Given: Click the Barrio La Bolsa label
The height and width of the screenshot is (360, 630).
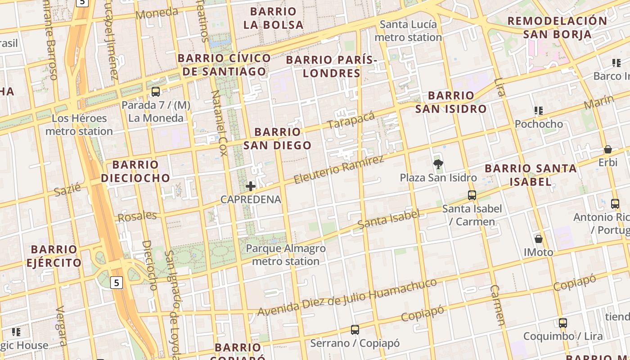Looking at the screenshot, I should (x=273, y=18).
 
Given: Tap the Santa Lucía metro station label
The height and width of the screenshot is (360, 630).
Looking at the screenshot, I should (x=408, y=31).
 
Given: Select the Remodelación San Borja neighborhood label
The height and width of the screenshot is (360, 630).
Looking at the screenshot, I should (x=557, y=27).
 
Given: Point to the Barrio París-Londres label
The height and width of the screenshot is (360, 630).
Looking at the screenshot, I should (x=331, y=66).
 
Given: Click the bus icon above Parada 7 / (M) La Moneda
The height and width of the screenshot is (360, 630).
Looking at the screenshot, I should (x=156, y=92).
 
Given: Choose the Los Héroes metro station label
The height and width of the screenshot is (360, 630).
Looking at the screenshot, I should (x=79, y=125).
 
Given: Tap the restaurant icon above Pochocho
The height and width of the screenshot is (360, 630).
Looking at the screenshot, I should (x=539, y=111).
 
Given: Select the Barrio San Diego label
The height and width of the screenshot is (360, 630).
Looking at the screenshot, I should (x=277, y=138).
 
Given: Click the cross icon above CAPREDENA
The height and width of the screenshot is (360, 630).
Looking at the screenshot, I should (x=251, y=186).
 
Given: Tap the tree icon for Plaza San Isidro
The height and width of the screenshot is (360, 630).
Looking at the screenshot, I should (x=438, y=164).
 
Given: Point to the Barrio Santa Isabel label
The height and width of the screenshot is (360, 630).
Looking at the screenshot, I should (x=531, y=175).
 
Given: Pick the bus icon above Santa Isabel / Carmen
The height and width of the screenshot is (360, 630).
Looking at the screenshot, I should (x=472, y=195).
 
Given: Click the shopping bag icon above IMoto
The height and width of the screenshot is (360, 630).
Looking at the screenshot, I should (x=538, y=238).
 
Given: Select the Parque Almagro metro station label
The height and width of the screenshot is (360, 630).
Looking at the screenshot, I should (x=286, y=255).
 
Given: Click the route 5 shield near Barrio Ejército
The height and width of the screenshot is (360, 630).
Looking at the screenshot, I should (x=117, y=283).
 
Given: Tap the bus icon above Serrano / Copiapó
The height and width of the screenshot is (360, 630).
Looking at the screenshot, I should (x=355, y=330).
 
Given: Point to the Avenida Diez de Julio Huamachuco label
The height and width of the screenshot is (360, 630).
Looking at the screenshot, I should (x=347, y=297).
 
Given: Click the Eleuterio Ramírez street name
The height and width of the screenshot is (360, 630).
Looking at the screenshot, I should (x=339, y=170).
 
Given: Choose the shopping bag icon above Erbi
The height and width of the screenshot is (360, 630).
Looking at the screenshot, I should (x=607, y=149).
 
